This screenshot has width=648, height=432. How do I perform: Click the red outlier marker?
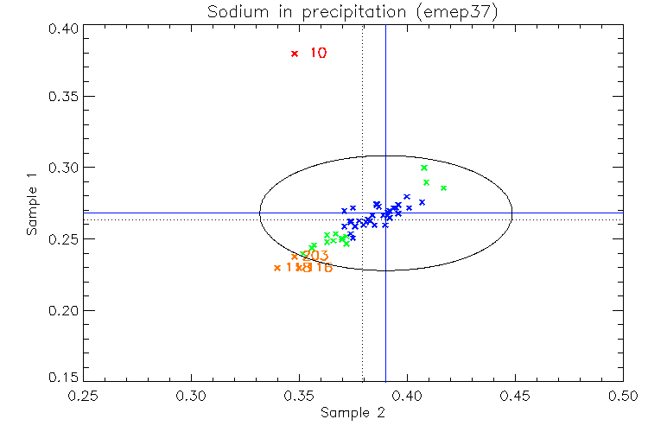coord(295,54)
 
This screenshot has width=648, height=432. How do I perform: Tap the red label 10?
coord(318,54)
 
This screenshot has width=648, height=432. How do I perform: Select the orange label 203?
coord(315,255)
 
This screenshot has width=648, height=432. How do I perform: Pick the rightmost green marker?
coord(443,187)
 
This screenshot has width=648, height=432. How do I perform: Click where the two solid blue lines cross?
coord(385,213)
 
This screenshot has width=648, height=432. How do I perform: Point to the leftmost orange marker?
coord(276,268)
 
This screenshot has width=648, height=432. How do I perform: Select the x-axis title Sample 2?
coord(353,413)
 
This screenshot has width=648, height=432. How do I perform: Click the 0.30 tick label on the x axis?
coord(191,397)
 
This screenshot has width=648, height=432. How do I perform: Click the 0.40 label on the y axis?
coord(62,28)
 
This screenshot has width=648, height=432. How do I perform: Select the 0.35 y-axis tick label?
coord(62,98)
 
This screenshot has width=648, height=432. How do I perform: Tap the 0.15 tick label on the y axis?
coord(62,378)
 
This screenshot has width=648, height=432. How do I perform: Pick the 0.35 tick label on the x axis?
coord(299,397)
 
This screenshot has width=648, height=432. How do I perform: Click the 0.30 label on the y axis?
coord(62,168)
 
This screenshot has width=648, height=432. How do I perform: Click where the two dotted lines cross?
coord(361,219)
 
